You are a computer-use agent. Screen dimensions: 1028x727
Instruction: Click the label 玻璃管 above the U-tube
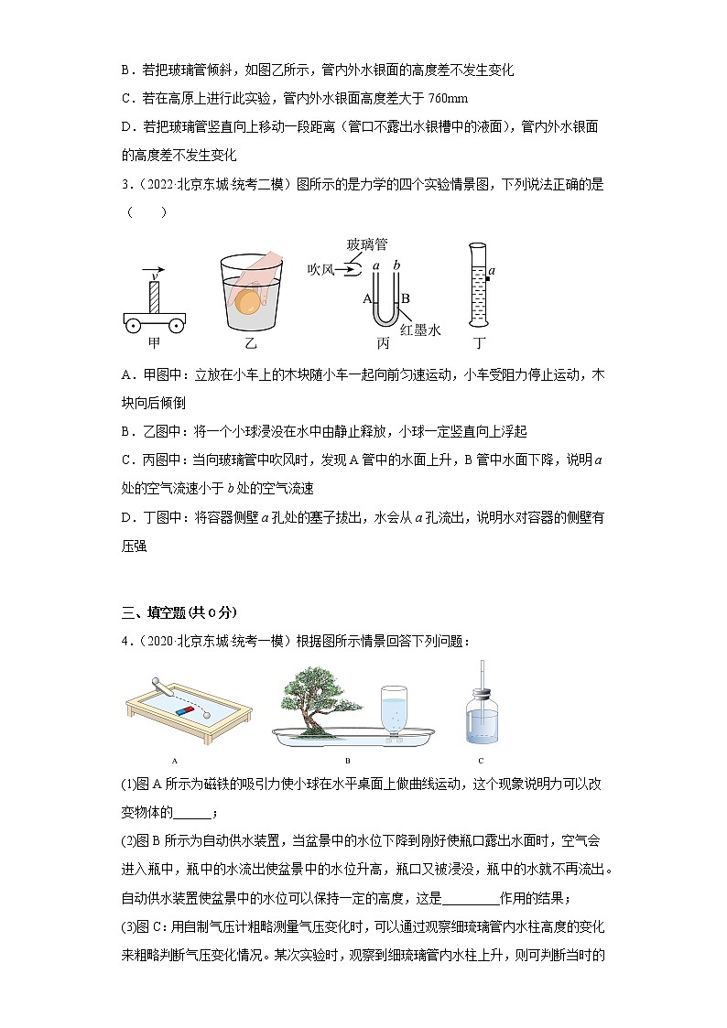tap(366, 244)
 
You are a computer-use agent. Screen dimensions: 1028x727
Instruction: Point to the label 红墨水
tap(422, 330)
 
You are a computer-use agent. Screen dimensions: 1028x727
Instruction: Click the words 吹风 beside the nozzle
tap(322, 267)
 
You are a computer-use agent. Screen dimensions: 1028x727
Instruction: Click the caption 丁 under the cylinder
tap(479, 344)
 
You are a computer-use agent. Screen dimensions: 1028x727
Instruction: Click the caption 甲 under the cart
tap(155, 344)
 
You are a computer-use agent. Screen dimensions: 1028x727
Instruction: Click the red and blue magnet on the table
tap(186, 708)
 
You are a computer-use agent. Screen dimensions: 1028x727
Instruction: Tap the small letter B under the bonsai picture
tap(347, 761)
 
